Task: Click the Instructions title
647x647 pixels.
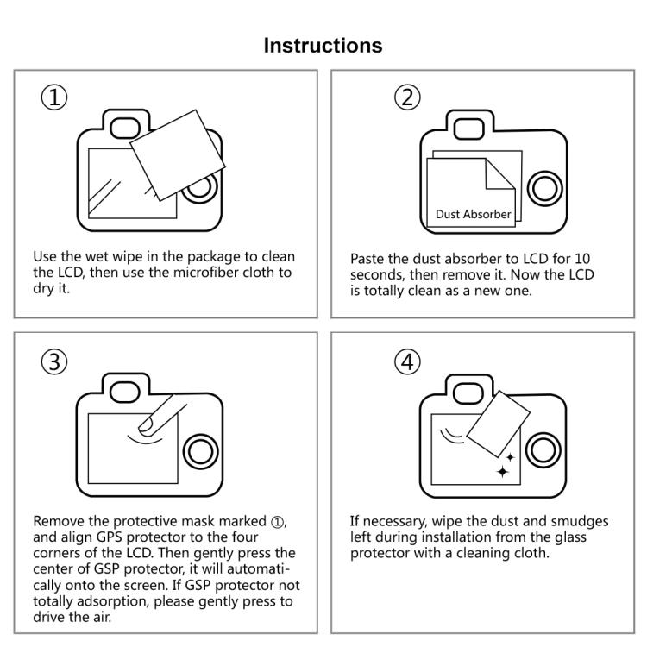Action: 323,45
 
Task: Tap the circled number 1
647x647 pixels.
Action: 53,97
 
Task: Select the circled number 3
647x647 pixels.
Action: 53,363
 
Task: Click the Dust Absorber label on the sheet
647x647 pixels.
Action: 473,214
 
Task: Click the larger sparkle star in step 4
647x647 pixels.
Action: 502,471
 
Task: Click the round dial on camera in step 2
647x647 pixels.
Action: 543,185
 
